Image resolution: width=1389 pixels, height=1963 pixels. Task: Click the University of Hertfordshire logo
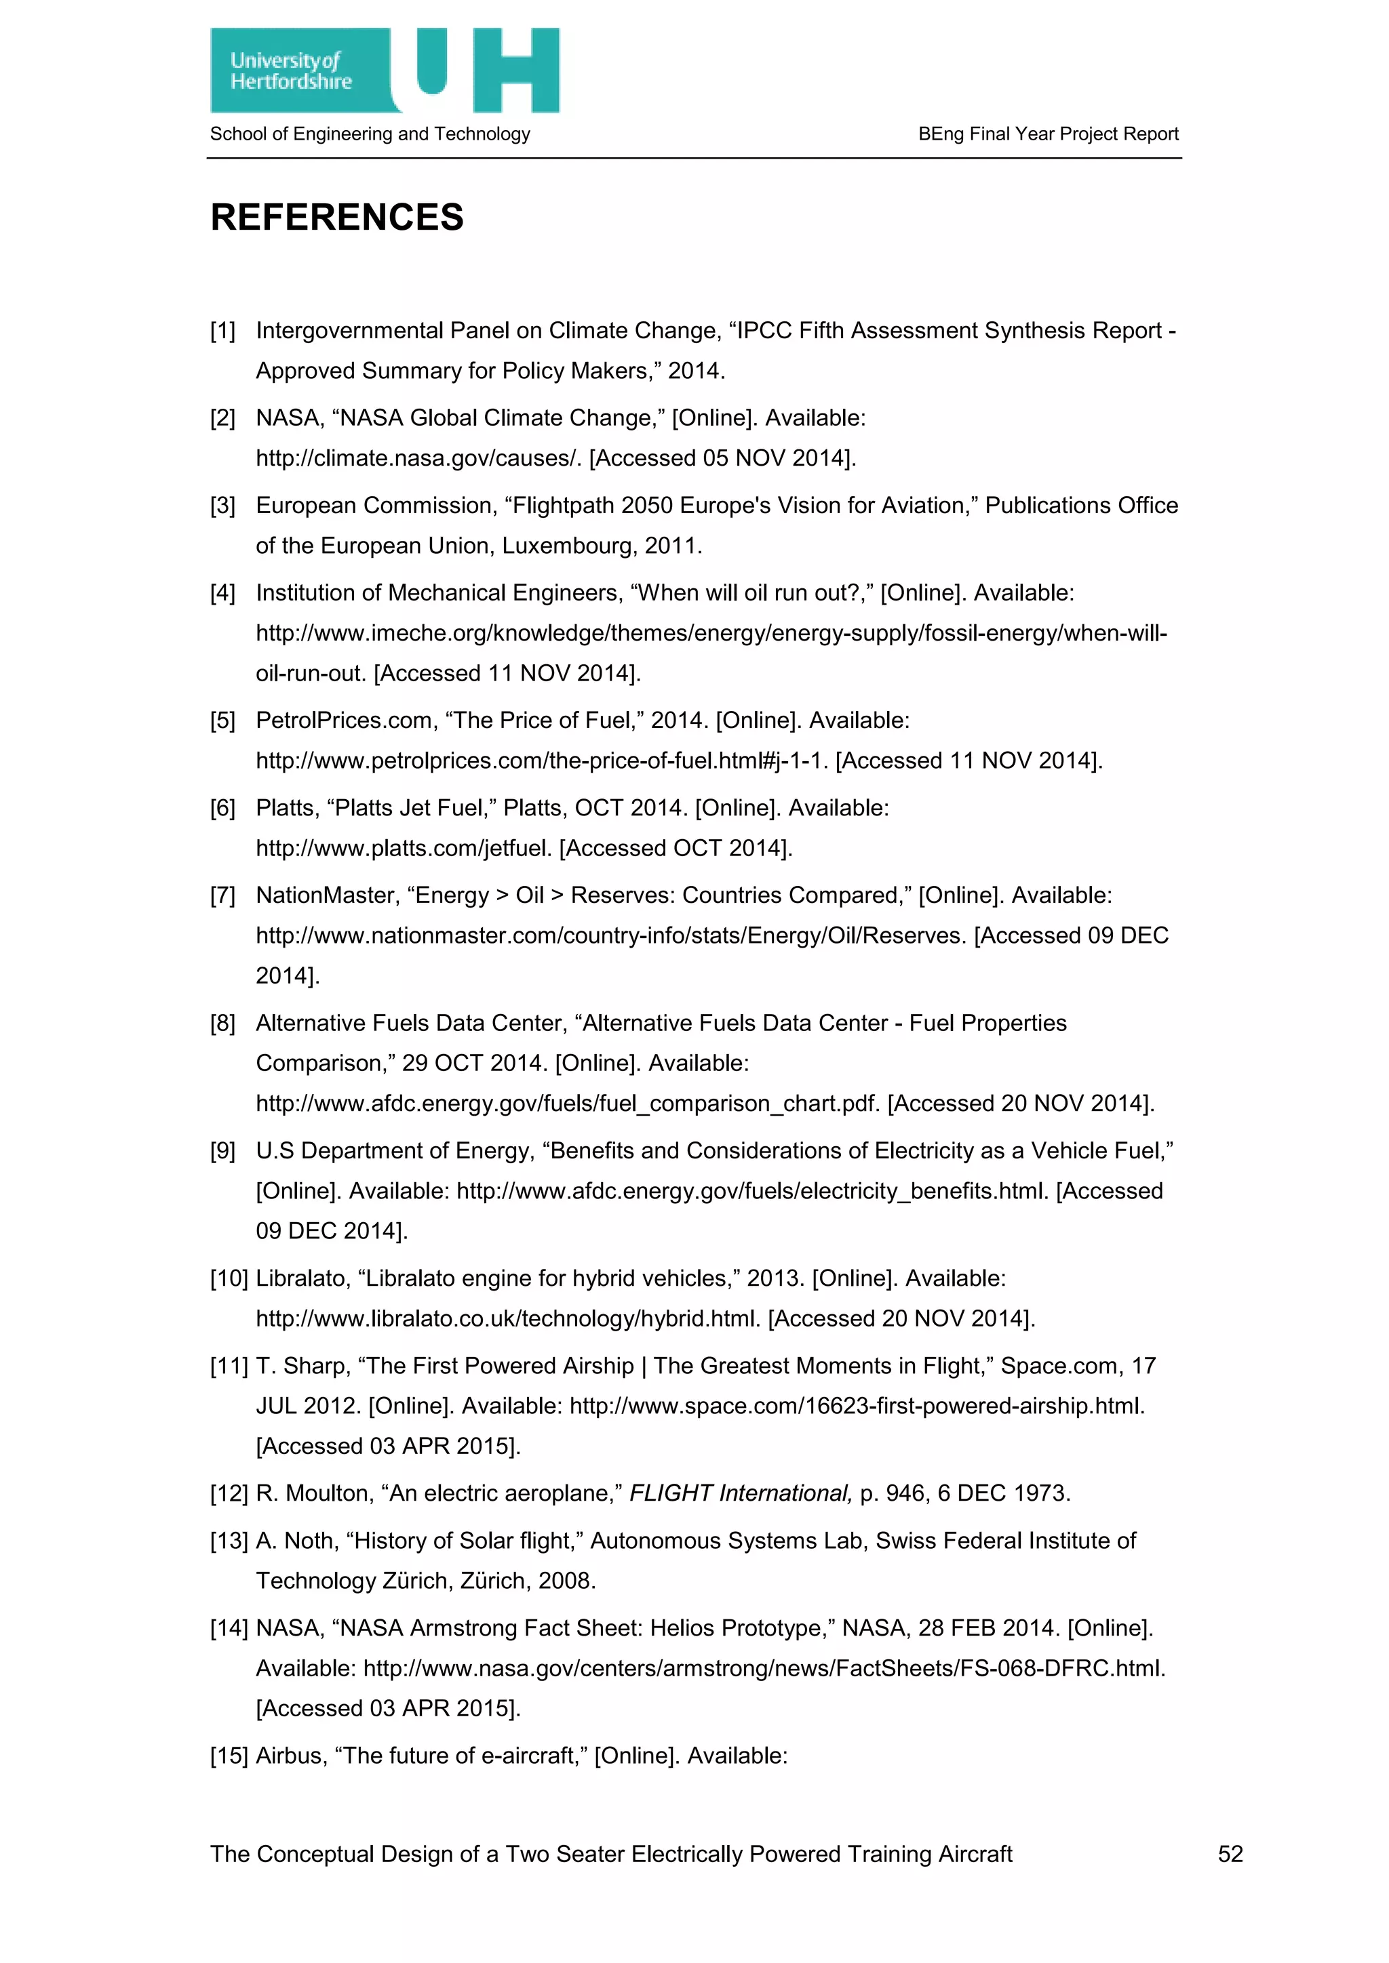(x=384, y=71)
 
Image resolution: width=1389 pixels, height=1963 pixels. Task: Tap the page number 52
(x=1230, y=1854)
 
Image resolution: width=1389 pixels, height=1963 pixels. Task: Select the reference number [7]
(x=222, y=895)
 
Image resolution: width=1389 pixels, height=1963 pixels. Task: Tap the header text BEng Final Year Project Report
(x=1048, y=134)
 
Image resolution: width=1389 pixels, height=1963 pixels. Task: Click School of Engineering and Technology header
(x=370, y=134)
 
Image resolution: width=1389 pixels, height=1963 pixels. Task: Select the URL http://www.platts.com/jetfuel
(x=404, y=848)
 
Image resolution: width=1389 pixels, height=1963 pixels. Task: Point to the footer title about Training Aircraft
(x=610, y=1854)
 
